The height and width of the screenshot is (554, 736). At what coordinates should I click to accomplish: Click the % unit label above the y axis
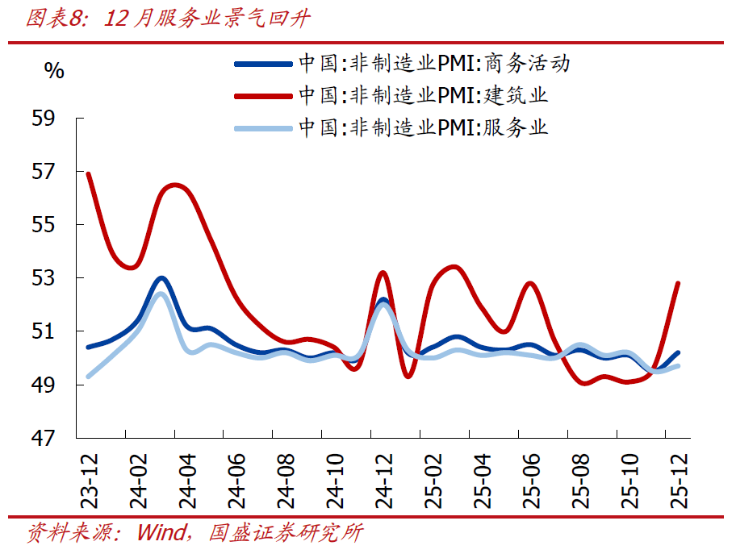[x=54, y=71]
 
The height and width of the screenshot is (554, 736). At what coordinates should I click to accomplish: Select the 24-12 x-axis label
[x=383, y=479]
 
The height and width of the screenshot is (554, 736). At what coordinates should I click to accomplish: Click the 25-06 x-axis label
[x=531, y=479]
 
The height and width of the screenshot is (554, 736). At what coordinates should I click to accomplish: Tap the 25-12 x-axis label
[x=678, y=479]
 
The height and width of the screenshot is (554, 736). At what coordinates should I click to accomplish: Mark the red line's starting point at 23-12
[x=88, y=173]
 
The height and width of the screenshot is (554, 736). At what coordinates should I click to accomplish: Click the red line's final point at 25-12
[x=678, y=284]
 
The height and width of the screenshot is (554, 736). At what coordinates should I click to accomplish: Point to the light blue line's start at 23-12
[x=88, y=376]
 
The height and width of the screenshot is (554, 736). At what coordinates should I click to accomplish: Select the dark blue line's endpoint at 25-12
[x=678, y=352]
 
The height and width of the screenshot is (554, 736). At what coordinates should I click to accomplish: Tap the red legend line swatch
[x=262, y=95]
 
